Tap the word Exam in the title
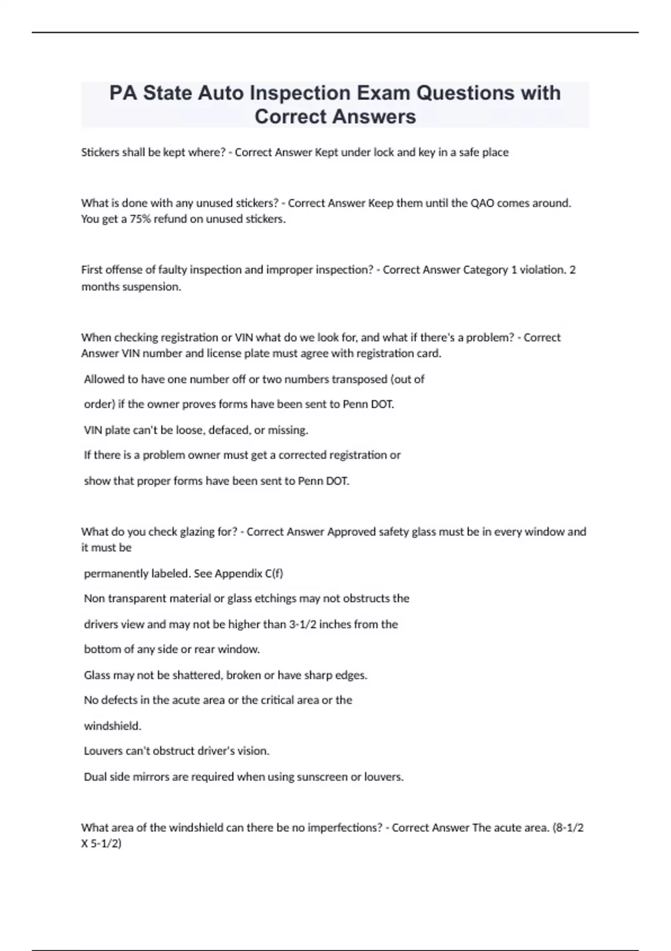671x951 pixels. coord(384,93)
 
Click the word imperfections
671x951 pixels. coord(344,828)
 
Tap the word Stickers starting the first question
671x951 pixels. coord(100,152)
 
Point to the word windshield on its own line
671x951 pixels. coord(112,726)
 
